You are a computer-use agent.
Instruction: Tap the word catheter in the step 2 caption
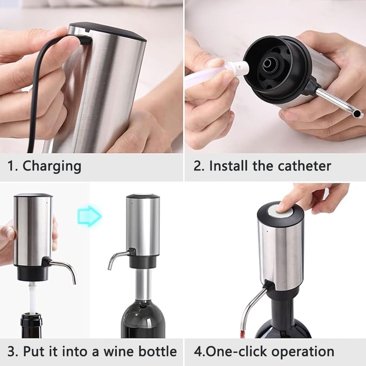click(304, 166)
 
